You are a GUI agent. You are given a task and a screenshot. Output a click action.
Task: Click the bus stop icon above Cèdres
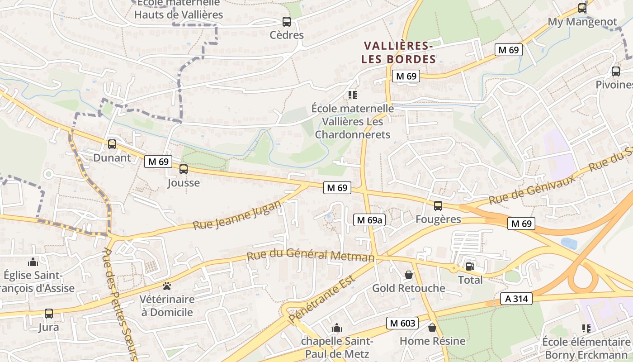click(x=286, y=21)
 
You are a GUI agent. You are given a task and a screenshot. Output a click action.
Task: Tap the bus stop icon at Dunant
click(x=112, y=144)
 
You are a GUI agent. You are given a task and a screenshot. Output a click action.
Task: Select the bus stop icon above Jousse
click(x=183, y=169)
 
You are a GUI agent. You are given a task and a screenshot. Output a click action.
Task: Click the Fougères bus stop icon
click(x=438, y=206)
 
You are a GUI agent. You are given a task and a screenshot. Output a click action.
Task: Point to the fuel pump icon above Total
click(x=470, y=267)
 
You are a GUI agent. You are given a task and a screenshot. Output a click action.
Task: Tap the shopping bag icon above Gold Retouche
click(x=409, y=275)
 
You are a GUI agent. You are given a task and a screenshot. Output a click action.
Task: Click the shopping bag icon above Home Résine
click(x=432, y=327)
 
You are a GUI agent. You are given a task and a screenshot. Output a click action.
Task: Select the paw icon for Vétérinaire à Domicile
click(x=167, y=286)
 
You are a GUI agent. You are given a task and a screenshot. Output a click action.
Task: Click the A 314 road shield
click(x=516, y=299)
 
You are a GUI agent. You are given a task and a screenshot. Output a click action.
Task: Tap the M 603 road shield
click(x=402, y=323)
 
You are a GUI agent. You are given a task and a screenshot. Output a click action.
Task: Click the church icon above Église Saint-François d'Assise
click(x=33, y=262)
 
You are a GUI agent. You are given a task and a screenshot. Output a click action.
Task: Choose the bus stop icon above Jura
click(x=48, y=313)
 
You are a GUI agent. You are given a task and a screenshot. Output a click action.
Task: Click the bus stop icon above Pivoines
click(x=615, y=71)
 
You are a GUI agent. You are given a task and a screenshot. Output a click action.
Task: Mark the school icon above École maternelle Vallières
click(x=352, y=95)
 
